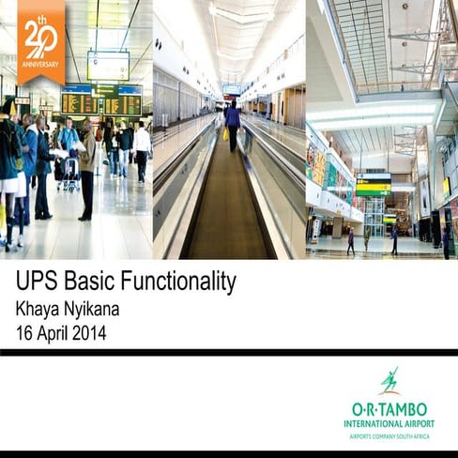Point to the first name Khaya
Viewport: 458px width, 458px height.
coord(41,308)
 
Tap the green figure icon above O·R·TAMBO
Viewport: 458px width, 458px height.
coord(389,381)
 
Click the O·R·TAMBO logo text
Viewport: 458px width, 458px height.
coord(389,408)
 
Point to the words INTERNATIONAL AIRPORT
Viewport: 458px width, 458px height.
coord(389,423)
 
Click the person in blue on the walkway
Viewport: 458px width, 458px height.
coord(232,125)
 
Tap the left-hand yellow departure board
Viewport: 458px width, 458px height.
coord(79,102)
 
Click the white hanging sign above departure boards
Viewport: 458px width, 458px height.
coord(108,65)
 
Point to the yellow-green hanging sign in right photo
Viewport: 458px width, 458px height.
coord(373,185)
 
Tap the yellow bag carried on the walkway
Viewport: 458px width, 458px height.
coord(225,133)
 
